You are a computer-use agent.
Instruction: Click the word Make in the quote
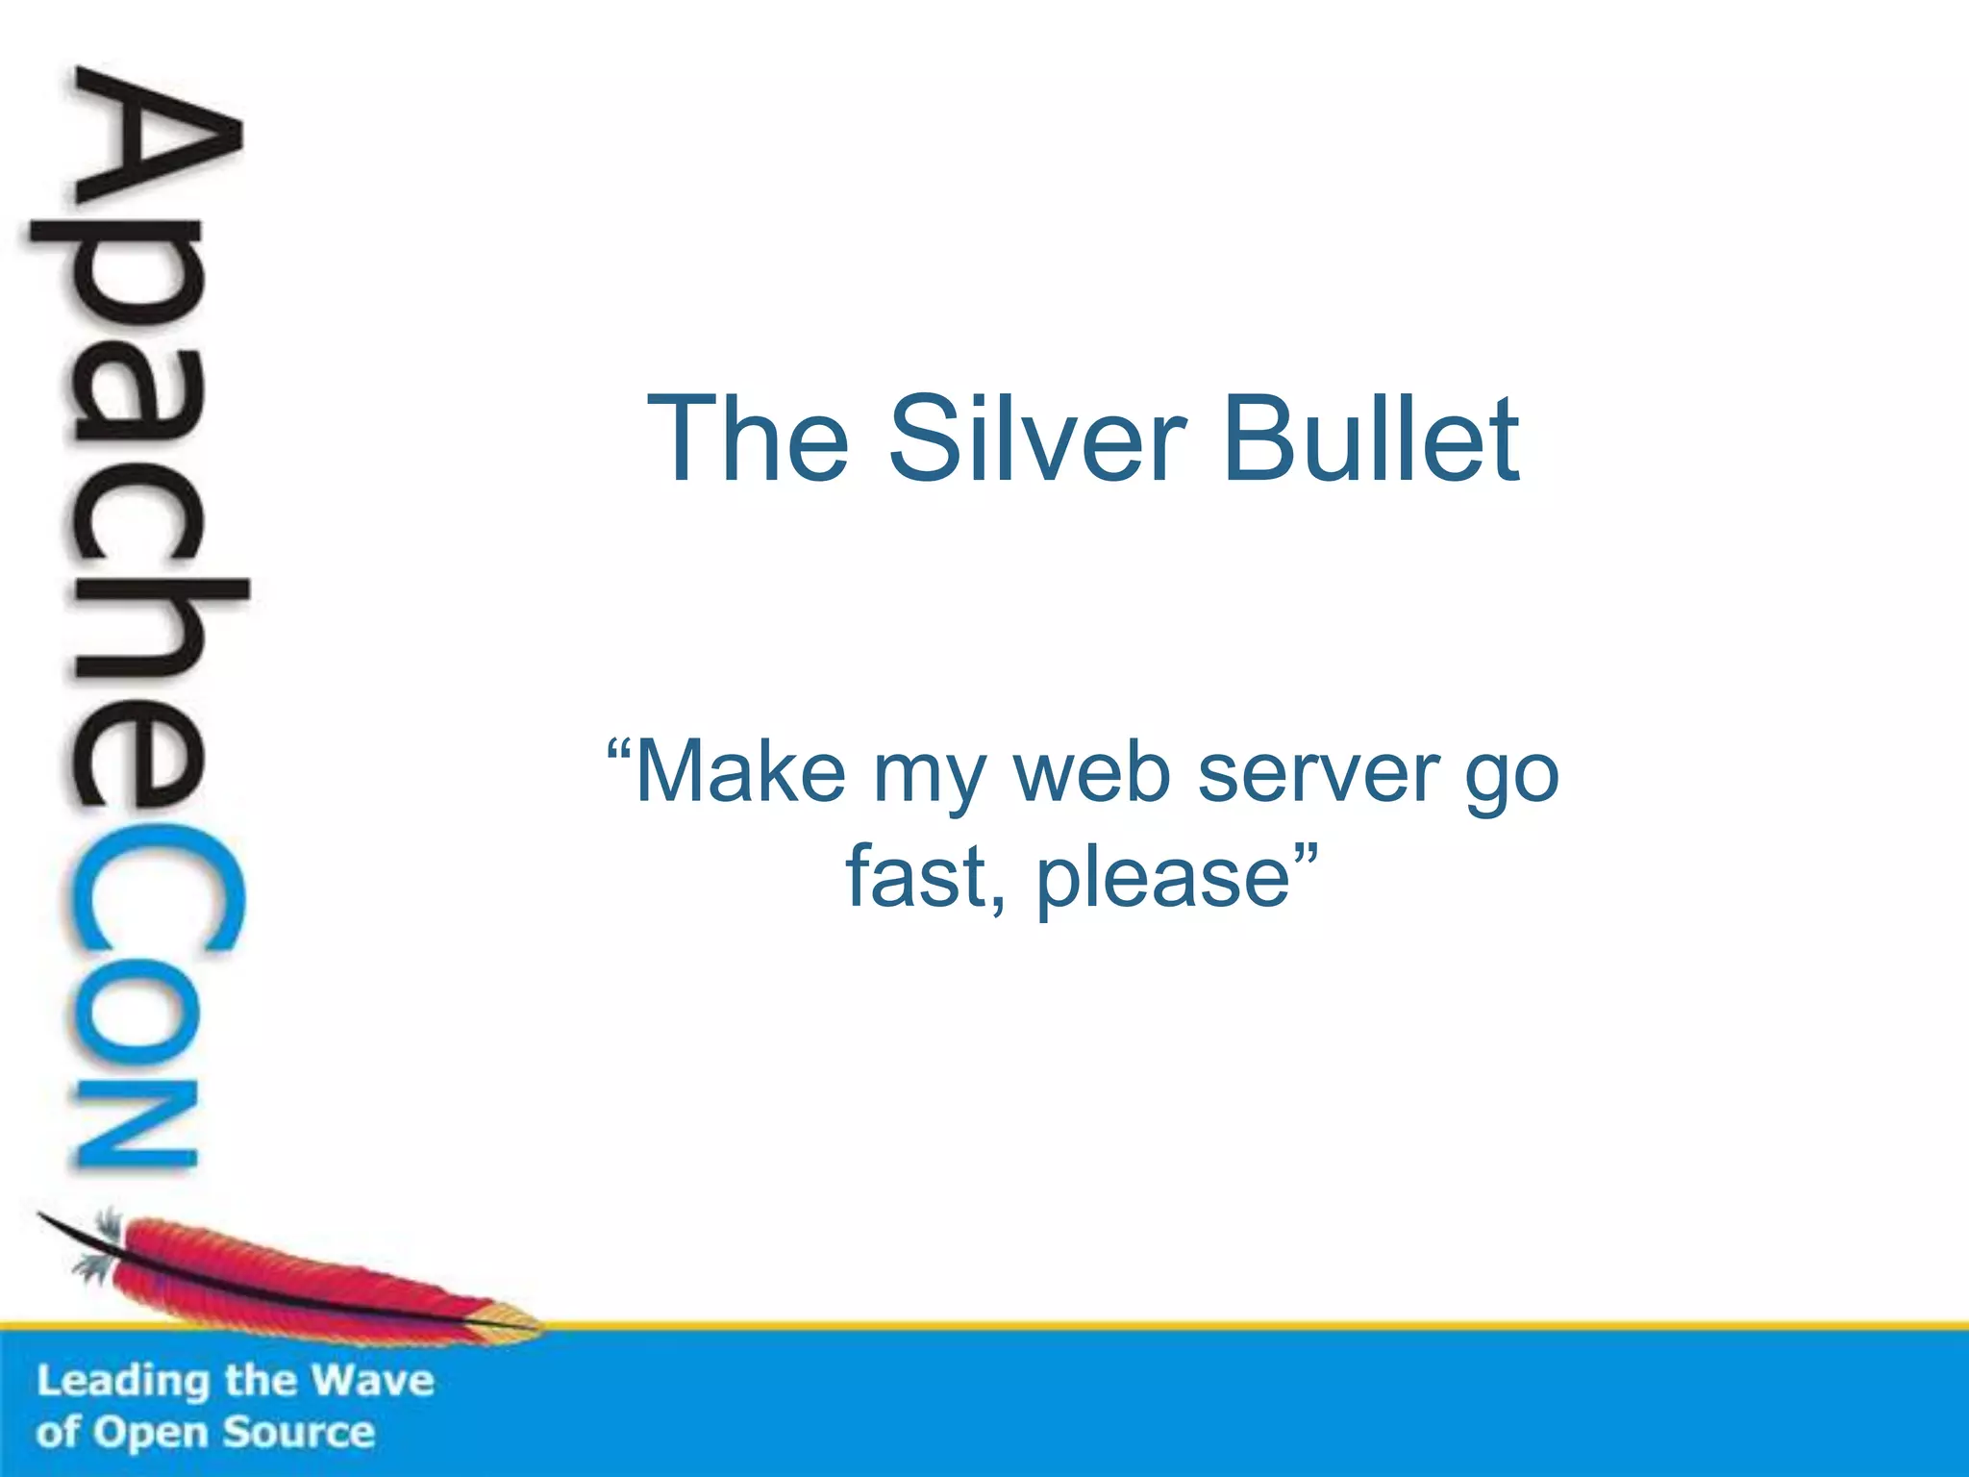(x=740, y=772)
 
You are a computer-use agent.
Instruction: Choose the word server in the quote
(x=1318, y=772)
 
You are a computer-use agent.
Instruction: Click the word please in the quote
(x=1162, y=878)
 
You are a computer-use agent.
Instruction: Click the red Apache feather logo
(x=288, y=1279)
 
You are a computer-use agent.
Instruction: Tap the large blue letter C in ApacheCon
(x=154, y=889)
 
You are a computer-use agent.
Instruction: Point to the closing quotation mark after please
(x=1305, y=851)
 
